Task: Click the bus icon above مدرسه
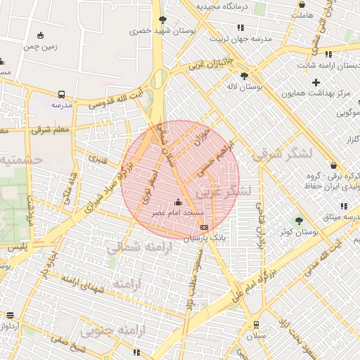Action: coord(61,94)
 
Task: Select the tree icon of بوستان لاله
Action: coord(244,76)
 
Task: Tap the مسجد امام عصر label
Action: coord(179,212)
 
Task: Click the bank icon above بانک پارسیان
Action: coord(204,227)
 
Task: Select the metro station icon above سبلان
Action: coord(256,324)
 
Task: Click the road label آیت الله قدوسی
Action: coord(115,99)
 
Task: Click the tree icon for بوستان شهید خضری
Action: coord(162,20)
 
